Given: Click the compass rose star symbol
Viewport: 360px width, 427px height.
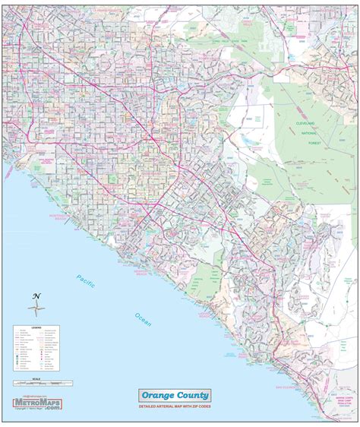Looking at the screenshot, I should [x=36, y=308].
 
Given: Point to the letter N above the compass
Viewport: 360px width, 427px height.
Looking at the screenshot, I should [x=36, y=296].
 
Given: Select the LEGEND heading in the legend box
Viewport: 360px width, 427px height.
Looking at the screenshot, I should [x=36, y=327].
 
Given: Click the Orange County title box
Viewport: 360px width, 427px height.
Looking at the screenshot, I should [x=174, y=395].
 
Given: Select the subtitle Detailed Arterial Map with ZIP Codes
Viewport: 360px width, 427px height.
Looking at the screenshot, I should [x=174, y=408].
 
